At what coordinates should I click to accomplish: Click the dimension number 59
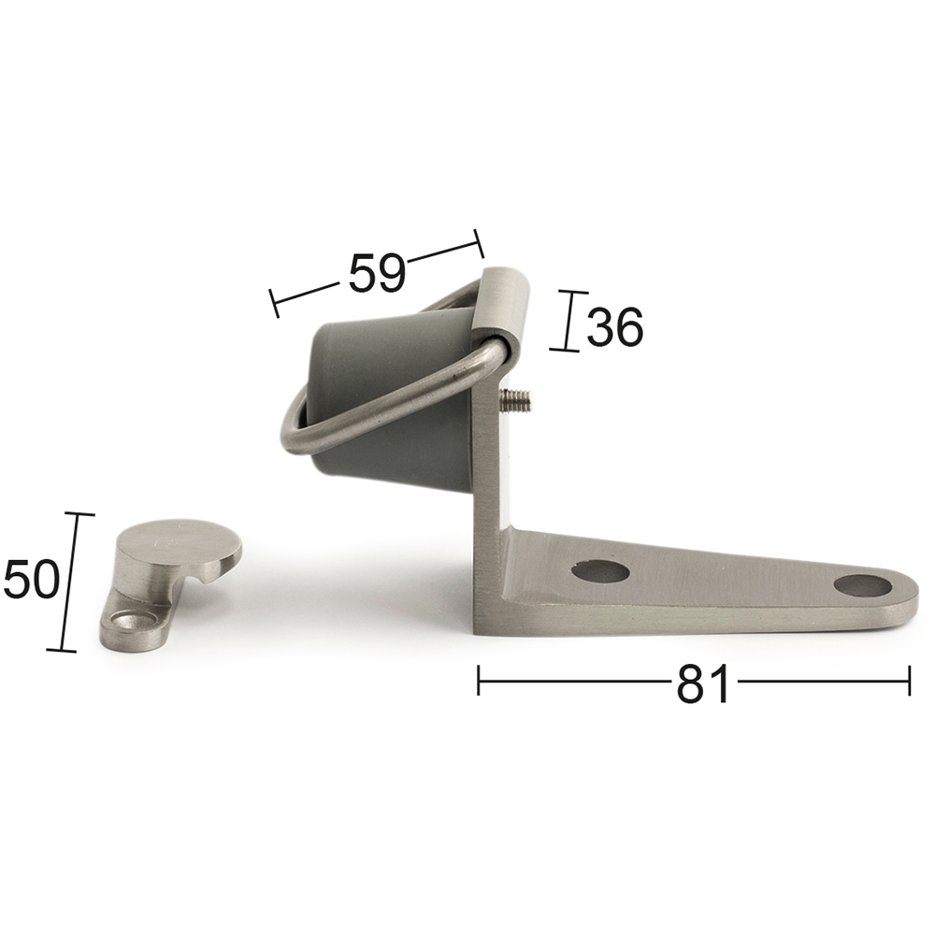377,274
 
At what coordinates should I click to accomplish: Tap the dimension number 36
615,327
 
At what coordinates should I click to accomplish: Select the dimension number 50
31,580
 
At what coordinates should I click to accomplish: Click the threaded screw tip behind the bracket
517,401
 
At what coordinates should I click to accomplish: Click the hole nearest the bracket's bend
600,570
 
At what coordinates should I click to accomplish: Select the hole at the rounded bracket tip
862,586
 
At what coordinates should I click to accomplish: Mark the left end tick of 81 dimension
478,681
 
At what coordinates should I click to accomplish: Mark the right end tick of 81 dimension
909,681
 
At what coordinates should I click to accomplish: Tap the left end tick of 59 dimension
274,303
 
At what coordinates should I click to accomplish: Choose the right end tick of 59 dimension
480,244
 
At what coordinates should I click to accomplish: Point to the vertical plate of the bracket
490,467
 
